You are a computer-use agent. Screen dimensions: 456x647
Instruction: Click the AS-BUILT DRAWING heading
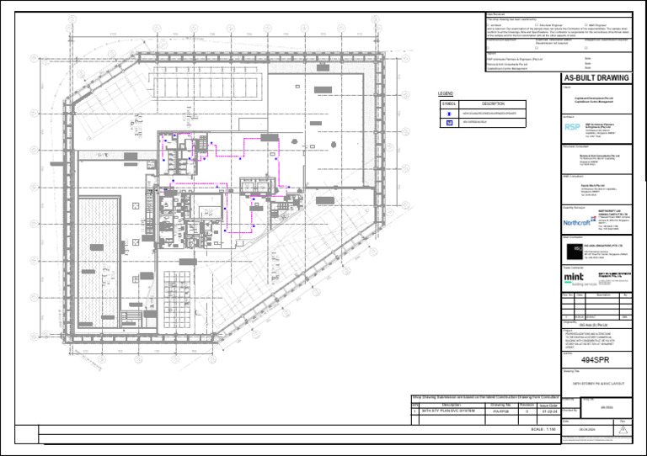coord(596,78)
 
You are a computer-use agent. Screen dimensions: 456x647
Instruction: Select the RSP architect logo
coord(572,127)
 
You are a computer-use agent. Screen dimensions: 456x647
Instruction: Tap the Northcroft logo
coord(577,223)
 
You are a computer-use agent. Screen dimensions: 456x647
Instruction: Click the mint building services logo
coord(573,278)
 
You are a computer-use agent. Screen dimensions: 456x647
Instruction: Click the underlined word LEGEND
coord(446,93)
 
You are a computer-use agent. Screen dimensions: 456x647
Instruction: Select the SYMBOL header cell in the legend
coord(449,103)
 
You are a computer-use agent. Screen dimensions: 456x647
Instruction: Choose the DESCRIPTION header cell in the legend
coord(493,103)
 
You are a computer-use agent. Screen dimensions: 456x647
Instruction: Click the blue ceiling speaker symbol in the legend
coord(449,113)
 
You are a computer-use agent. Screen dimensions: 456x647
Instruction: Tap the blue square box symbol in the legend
coord(449,123)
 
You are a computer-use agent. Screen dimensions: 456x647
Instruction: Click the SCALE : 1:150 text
coord(537,428)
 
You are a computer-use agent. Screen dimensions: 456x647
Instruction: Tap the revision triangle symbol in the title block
coord(623,429)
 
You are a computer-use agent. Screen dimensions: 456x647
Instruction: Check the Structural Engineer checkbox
coord(537,25)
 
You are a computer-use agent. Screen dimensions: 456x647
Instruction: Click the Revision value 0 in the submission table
coord(526,412)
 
